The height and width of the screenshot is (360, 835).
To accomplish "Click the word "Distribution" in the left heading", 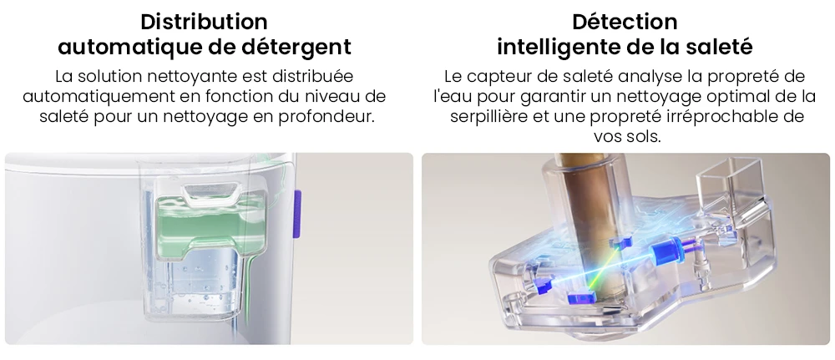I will [x=205, y=22].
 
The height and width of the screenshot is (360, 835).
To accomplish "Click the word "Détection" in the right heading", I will [x=625, y=22].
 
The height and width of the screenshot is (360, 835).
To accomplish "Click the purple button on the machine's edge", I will [x=296, y=202].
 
